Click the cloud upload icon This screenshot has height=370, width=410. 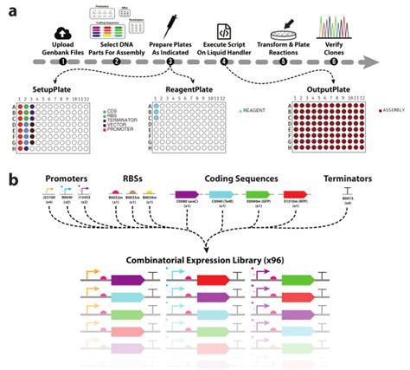tap(56, 21)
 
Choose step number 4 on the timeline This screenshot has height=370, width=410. tap(224, 62)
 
